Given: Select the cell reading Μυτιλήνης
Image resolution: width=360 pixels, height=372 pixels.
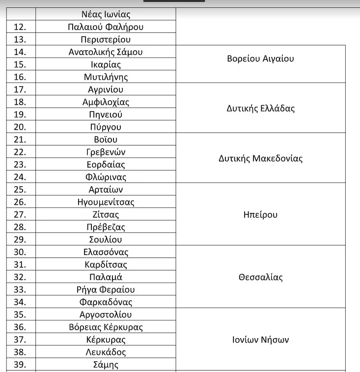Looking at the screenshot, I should pyautogui.click(x=106, y=77).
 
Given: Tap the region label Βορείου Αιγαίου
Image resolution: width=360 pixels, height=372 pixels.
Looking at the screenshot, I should pyautogui.click(x=260, y=58).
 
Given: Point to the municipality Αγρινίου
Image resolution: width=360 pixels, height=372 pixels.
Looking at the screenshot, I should pyautogui.click(x=106, y=90).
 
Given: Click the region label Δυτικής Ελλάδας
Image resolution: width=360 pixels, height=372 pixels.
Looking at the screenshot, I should pyautogui.click(x=260, y=109).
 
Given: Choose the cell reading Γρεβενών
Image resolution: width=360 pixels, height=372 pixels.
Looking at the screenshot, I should pyautogui.click(x=106, y=152).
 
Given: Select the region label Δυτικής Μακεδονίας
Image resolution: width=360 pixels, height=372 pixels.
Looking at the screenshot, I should pyautogui.click(x=260, y=159).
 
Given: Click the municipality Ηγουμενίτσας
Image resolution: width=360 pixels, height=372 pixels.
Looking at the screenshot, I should pyautogui.click(x=106, y=202).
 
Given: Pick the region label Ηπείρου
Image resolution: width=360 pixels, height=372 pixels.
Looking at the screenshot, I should pyautogui.click(x=260, y=215).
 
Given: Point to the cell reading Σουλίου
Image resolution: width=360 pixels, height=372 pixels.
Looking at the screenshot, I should pyautogui.click(x=106, y=240).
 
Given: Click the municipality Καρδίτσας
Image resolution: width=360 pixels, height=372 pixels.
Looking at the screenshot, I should pyautogui.click(x=106, y=265).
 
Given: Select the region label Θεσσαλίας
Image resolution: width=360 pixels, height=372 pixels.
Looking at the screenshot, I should pyautogui.click(x=260, y=277).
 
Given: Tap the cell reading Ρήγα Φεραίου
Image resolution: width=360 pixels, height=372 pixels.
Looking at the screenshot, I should pyautogui.click(x=106, y=290).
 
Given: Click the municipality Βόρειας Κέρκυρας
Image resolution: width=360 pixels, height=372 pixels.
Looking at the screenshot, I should pyautogui.click(x=106, y=327).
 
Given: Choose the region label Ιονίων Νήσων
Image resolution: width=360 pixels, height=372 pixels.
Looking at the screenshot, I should pyautogui.click(x=260, y=340).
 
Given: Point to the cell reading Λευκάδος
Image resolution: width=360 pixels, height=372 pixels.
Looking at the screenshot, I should pyautogui.click(x=106, y=352).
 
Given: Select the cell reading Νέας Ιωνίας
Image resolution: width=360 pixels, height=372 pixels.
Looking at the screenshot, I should pyautogui.click(x=106, y=15).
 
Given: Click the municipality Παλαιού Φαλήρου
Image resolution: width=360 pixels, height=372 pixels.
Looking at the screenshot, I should pyautogui.click(x=106, y=27).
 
